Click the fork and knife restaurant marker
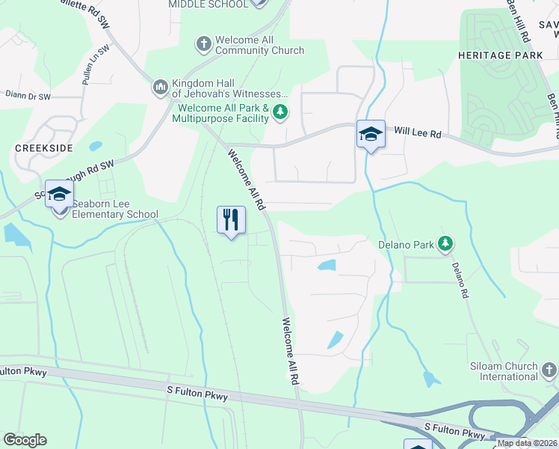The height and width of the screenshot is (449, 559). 231,220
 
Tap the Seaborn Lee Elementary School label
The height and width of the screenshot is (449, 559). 115,215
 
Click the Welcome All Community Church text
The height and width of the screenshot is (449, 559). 259,45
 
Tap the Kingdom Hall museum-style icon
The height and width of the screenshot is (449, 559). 160,88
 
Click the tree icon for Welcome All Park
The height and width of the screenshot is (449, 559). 280,113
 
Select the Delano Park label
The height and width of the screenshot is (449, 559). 404,243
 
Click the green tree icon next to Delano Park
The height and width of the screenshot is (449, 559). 445,243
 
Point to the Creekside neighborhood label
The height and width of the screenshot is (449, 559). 43,148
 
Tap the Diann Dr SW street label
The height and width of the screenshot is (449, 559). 28,97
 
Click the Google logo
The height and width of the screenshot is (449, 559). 25,440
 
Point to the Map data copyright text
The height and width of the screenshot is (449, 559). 528,443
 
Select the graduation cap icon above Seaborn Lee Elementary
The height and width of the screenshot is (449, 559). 59,195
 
